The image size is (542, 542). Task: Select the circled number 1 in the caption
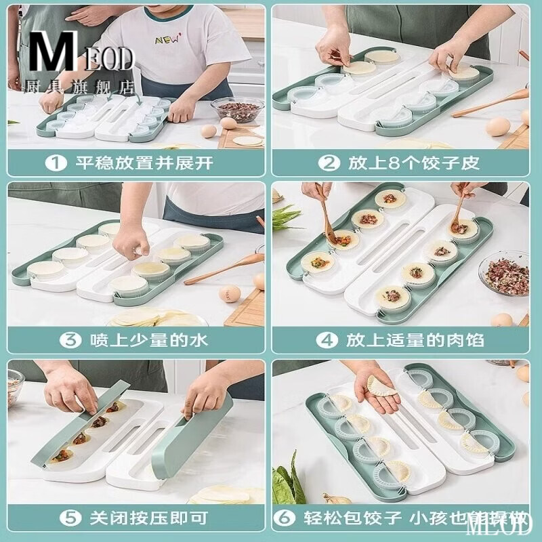pyautogui.click(x=55, y=163)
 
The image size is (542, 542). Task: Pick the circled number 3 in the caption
pyautogui.click(x=55, y=340)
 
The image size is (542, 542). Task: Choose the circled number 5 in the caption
pyautogui.click(x=55, y=519)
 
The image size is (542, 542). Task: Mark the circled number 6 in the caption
pyautogui.click(x=285, y=519)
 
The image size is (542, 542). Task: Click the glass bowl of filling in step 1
pyautogui.click(x=236, y=108)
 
